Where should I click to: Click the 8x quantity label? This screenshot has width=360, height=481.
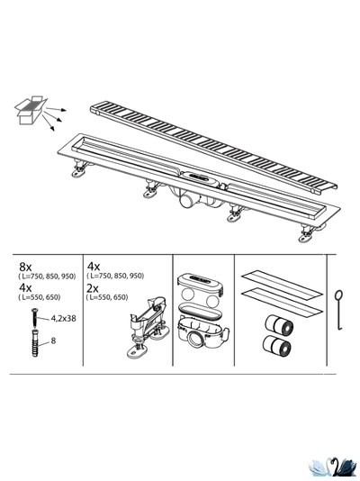[x=26, y=268]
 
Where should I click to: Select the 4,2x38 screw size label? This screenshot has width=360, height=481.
[x=63, y=317]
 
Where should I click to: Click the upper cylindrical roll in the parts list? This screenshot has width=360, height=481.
[x=276, y=322]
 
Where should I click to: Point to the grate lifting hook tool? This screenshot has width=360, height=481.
[x=338, y=310]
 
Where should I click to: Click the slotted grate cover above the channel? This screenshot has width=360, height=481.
[x=216, y=144]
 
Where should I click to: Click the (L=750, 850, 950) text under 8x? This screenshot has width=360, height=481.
[x=47, y=277]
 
